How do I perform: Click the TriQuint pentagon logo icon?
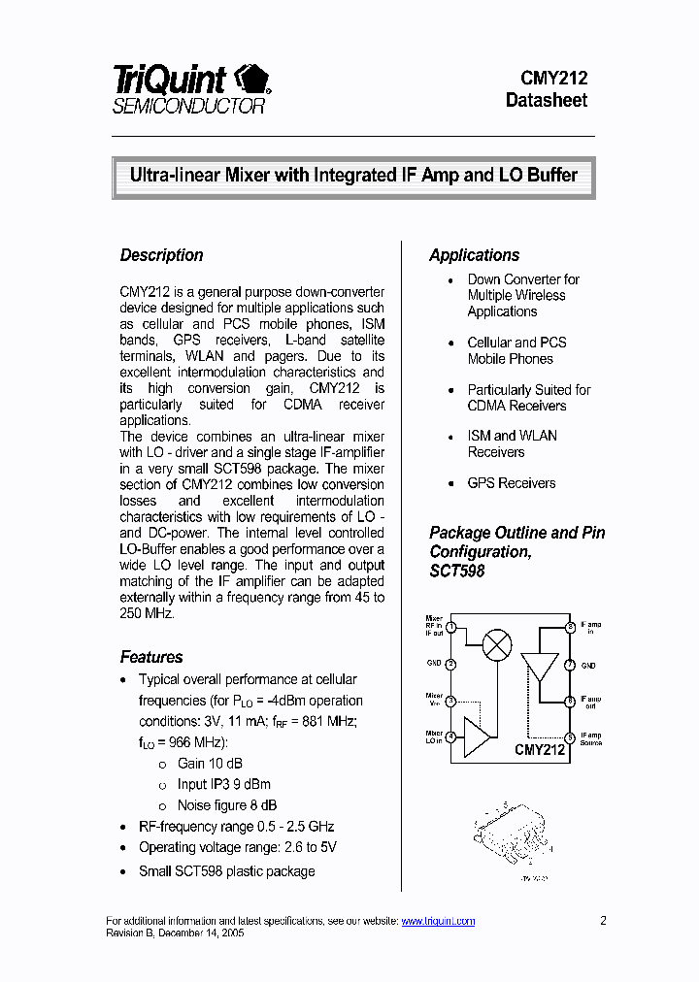coord(254,79)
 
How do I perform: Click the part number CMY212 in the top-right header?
coord(546,79)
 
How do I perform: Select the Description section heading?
coord(161,255)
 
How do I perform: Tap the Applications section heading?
coord(474,255)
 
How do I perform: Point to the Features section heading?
coord(150,657)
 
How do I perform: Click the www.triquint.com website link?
coord(438,921)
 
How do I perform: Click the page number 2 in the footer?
coord(603,921)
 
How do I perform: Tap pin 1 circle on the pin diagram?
coord(450,628)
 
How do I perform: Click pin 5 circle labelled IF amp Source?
coord(571,737)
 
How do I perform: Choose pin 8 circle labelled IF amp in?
coord(571,628)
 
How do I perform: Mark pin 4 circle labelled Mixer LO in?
coord(450,737)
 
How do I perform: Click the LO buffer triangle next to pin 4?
coord(476,737)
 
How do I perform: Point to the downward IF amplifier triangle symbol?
coord(540,667)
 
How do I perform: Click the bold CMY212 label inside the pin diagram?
coord(539,750)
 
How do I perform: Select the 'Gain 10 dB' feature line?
coord(210,764)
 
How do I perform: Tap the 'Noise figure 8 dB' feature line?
coord(226,805)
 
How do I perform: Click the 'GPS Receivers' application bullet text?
coord(511,483)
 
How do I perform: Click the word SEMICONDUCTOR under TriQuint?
coord(188,107)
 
